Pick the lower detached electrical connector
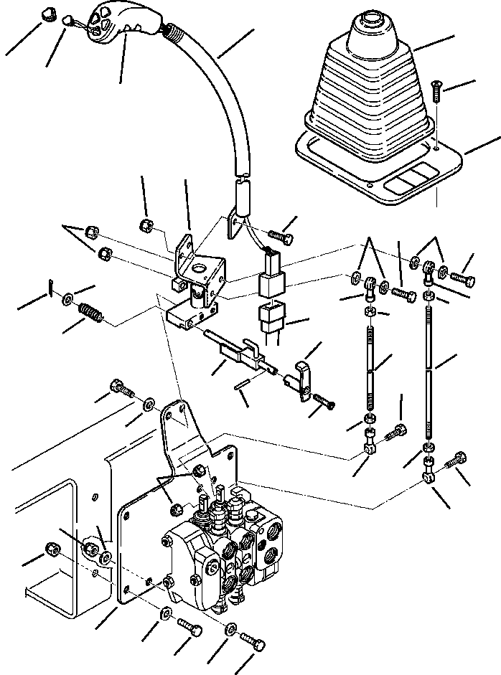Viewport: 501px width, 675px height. click(271, 316)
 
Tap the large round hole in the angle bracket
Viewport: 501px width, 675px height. click(199, 272)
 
